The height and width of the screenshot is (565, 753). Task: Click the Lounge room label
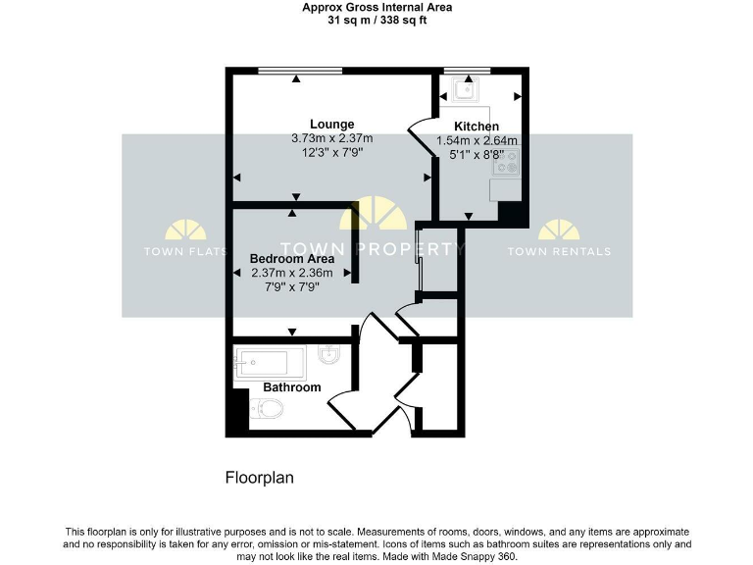click(x=331, y=124)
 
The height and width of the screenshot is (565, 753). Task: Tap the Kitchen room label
click(x=477, y=127)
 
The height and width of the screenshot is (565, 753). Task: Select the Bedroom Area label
click(x=292, y=258)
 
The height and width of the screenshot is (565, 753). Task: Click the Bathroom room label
click(x=291, y=387)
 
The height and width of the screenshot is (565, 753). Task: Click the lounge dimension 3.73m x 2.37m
click(x=331, y=138)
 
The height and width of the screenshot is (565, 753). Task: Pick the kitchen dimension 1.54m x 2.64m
click(x=477, y=141)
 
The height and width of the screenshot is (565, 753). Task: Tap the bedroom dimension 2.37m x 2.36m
click(x=292, y=273)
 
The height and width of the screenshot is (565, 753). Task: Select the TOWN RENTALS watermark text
click(x=559, y=251)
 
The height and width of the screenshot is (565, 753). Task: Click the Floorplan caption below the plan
click(x=260, y=479)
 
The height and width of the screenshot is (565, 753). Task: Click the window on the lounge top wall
click(x=300, y=70)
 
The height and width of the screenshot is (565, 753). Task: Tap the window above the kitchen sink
click(x=466, y=70)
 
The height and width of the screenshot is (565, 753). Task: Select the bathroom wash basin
click(x=328, y=356)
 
